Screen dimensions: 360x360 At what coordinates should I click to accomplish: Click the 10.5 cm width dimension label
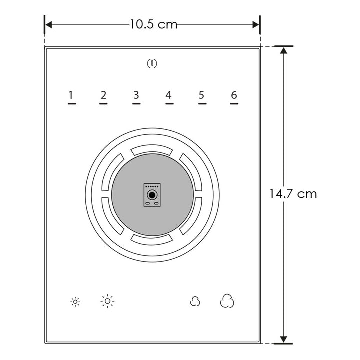[153, 24]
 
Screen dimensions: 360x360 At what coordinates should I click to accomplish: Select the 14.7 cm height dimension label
[293, 194]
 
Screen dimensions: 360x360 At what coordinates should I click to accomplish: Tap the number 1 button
[71, 95]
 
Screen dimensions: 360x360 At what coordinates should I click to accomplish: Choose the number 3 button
[136, 95]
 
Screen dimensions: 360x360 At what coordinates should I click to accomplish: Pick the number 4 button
[169, 95]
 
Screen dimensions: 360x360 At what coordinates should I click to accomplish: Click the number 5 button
[202, 95]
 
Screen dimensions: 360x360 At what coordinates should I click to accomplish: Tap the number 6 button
[234, 95]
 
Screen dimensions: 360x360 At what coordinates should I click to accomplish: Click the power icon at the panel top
[152, 63]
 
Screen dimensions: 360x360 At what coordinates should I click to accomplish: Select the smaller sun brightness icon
[75, 302]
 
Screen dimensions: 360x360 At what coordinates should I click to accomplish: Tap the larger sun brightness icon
[107, 301]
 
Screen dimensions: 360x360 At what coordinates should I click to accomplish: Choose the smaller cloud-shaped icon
[195, 302]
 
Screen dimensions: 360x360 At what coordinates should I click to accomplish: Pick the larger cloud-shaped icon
[227, 301]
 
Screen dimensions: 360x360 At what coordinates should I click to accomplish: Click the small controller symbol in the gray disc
[152, 194]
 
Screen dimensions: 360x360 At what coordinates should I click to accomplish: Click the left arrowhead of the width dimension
[48, 24]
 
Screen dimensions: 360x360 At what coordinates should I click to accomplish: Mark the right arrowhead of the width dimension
[256, 24]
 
